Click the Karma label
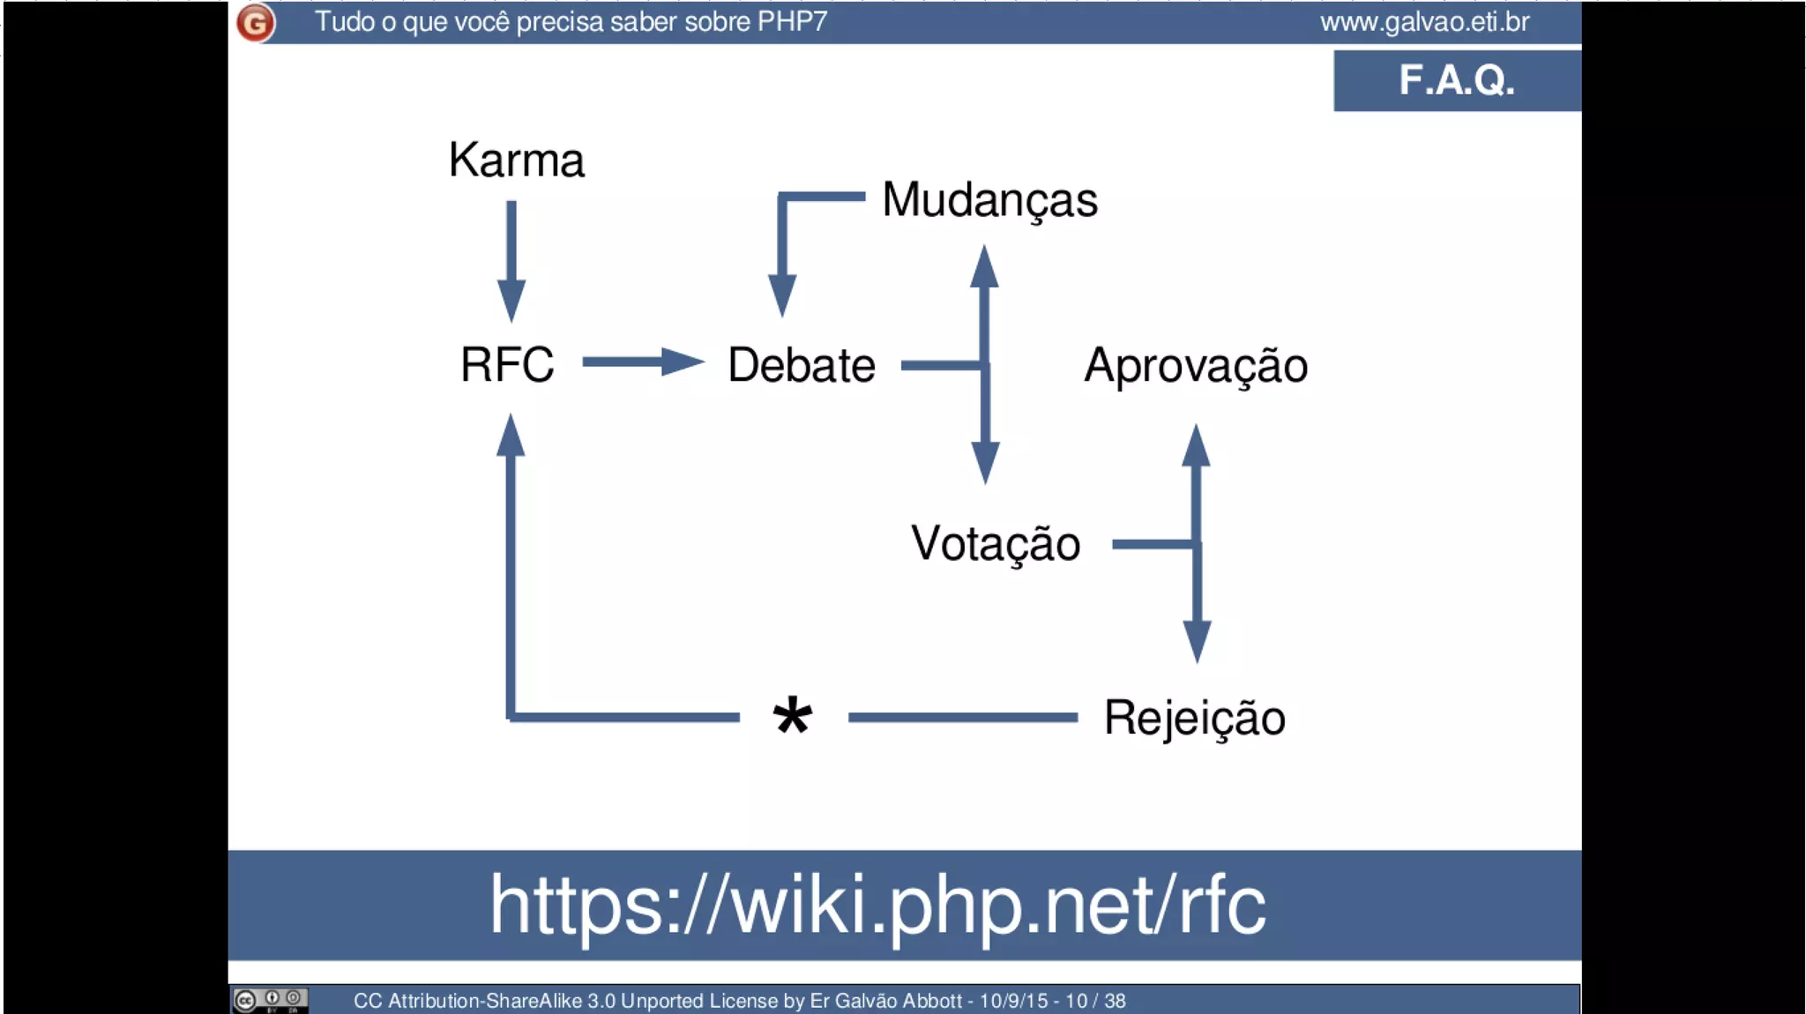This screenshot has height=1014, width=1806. point(516,160)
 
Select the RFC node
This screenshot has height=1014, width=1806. point(507,364)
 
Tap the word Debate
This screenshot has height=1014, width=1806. point(801,365)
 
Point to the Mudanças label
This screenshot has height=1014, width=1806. point(989,200)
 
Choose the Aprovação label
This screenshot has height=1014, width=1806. point(1195,365)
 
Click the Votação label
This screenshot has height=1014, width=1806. point(996,543)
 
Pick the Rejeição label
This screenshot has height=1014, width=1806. point(1194,718)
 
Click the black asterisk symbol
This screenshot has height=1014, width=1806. point(792,716)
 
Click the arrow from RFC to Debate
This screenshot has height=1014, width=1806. point(643,362)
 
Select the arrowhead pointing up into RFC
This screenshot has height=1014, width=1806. point(511,436)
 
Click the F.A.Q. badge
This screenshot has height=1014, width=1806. point(1457,80)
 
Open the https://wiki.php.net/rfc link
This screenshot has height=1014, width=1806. point(877,905)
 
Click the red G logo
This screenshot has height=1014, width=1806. point(256,23)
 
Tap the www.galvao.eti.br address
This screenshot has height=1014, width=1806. point(1424,22)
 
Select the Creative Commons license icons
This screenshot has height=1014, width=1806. point(270,1000)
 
